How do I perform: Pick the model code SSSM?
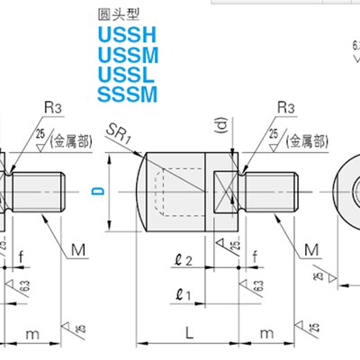click(x=126, y=93)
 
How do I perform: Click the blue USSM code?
click(x=126, y=56)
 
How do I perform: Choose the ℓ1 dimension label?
click(x=184, y=293)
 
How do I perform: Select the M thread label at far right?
click(x=311, y=247)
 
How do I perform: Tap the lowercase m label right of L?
click(x=267, y=334)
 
